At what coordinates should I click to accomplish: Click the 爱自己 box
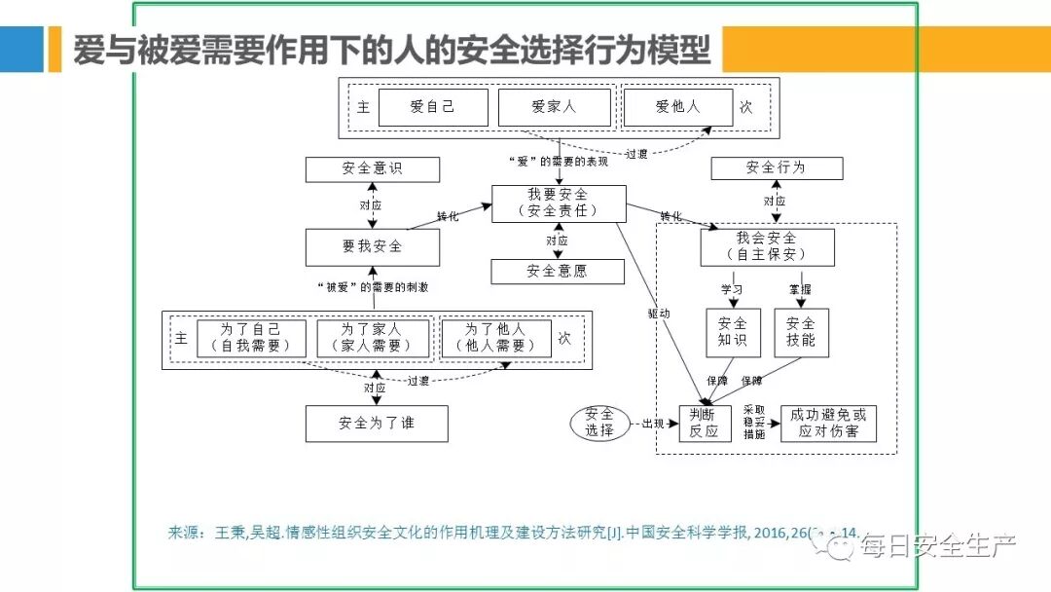pos(433,107)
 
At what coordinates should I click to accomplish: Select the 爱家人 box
pos(554,107)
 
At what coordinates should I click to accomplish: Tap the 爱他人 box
pos(677,107)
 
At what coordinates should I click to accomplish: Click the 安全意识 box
pos(372,168)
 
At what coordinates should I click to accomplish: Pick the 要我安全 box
pos(372,247)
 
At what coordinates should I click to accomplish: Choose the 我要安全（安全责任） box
pos(558,203)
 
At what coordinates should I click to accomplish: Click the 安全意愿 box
pos(558,272)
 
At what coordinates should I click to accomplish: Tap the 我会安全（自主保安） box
pos(767,247)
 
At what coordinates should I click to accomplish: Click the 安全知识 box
pos(733,332)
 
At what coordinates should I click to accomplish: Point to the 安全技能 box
pos(801,332)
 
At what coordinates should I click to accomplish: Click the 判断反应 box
pos(704,423)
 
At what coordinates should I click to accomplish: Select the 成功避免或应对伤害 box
pos(828,423)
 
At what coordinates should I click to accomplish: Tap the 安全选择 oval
pos(599,423)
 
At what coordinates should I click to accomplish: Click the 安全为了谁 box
pos(377,424)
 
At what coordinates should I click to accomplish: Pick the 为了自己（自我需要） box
pos(251,338)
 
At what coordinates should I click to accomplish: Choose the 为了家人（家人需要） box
pos(373,338)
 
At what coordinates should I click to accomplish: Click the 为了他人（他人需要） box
pos(495,338)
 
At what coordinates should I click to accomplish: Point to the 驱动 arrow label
pos(659,314)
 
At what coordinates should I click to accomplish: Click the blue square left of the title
pos(21,49)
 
